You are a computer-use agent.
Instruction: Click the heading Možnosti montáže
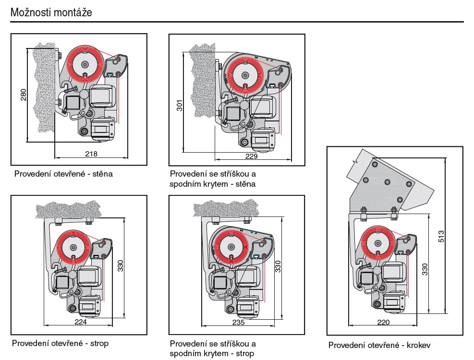coord(51,13)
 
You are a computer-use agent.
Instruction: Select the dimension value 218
coord(91,154)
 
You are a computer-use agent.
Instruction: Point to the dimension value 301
coord(179,105)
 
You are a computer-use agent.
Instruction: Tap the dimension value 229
coord(251,156)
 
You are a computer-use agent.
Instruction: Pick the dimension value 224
coord(81,322)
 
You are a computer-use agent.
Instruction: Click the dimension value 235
coord(238,322)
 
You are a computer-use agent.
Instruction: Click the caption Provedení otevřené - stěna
coord(63,174)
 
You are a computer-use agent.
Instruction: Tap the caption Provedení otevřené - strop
coord(61,343)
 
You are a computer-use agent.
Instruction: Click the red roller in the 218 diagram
coord(85,64)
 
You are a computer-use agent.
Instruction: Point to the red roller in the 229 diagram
coord(245,74)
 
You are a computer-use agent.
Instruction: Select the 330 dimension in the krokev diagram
coord(425,269)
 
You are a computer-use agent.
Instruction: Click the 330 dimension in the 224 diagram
coord(121,265)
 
